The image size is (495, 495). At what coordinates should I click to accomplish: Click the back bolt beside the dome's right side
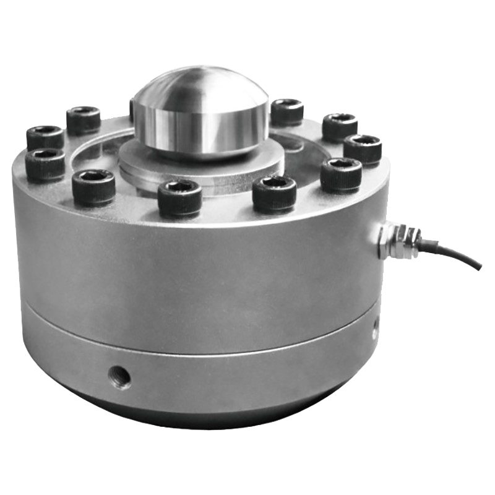(286, 111)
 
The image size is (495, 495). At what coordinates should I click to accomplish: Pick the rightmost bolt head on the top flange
(362, 148)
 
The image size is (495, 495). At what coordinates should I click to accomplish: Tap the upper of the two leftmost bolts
(45, 136)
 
